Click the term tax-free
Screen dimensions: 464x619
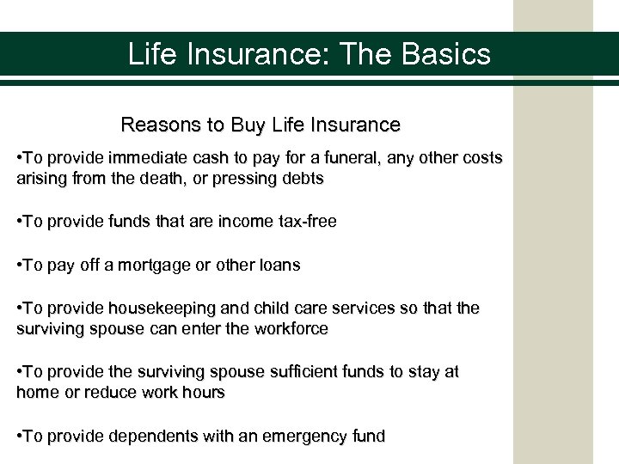(x=305, y=222)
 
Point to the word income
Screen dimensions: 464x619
(x=245, y=222)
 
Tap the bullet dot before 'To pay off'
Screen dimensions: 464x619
(x=20, y=266)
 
